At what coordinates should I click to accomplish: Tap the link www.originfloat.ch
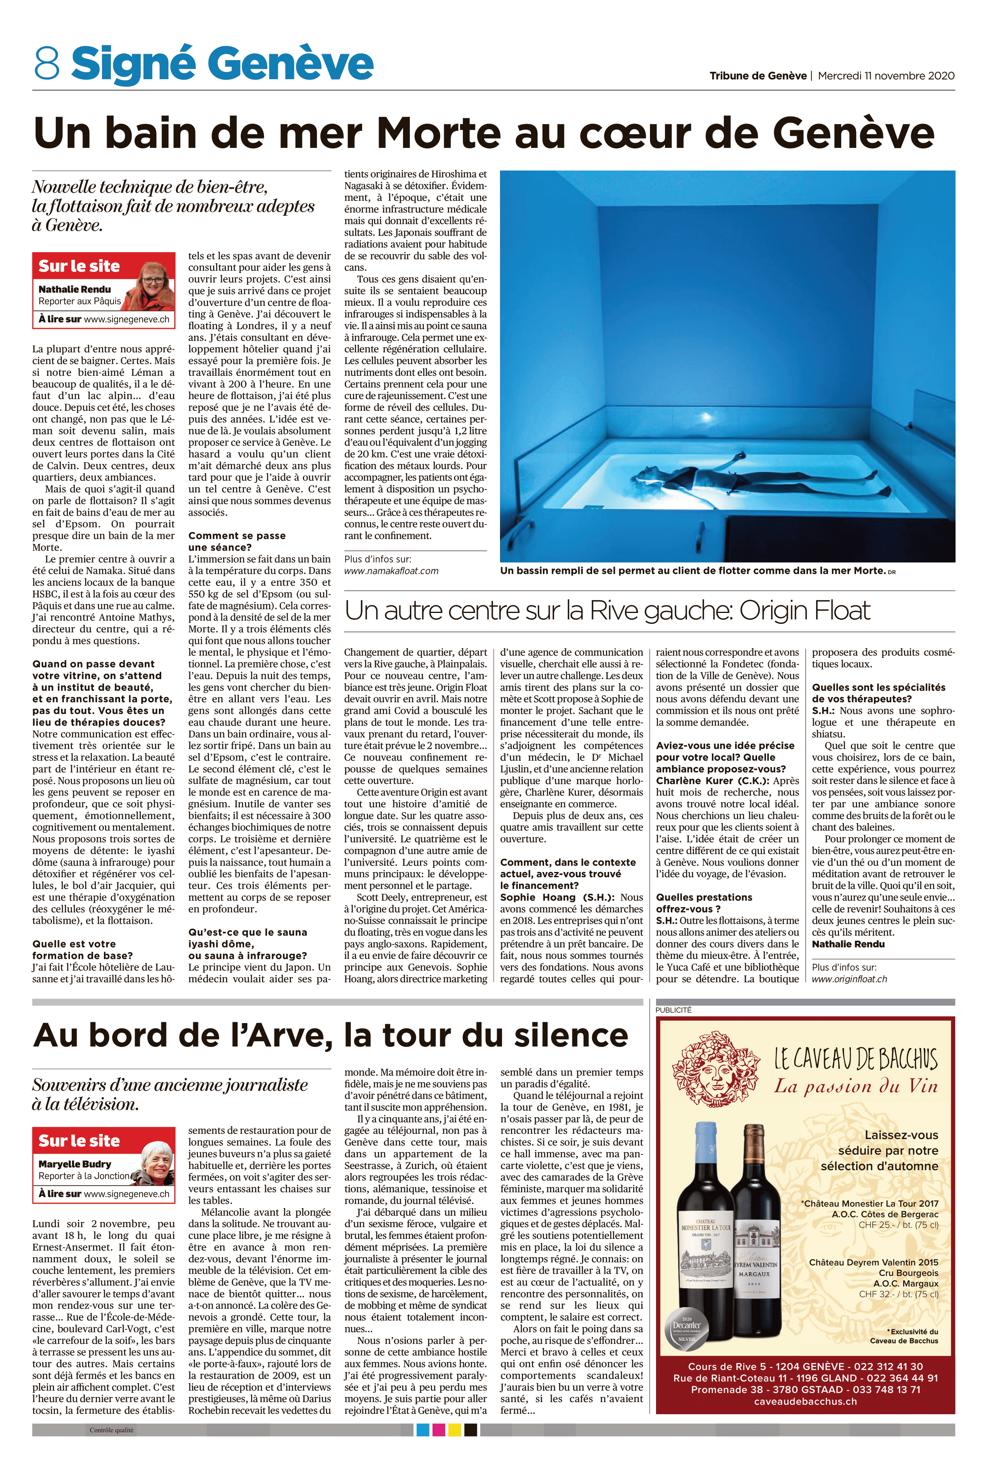pyautogui.click(x=849, y=979)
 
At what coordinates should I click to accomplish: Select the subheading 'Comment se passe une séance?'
pyautogui.click(x=236, y=541)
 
